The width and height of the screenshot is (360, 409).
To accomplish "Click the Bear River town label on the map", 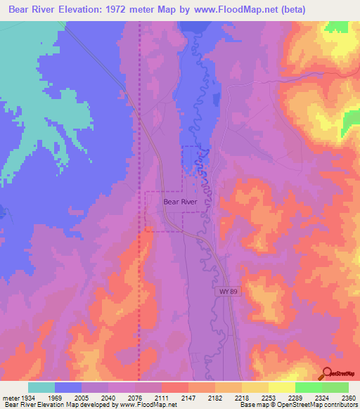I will pyautogui.click(x=179, y=202).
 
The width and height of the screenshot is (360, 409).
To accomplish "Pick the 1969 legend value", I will pyautogui.click(x=55, y=398).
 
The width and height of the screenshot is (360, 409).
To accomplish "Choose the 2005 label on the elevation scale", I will pyautogui.click(x=82, y=398).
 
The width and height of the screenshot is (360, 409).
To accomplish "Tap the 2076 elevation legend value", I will pyautogui.click(x=135, y=398).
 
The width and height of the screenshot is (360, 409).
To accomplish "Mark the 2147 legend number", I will pyautogui.click(x=188, y=398).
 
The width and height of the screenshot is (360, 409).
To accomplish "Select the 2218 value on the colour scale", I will pyautogui.click(x=241, y=398).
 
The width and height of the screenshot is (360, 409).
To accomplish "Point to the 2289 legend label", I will pyautogui.click(x=295, y=398).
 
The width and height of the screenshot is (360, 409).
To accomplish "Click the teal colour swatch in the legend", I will pyautogui.click(x=41, y=387).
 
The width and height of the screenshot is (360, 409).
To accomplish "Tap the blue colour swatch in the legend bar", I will pyautogui.click(x=68, y=387).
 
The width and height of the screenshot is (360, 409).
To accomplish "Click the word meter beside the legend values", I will pyautogui.click(x=10, y=398).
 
